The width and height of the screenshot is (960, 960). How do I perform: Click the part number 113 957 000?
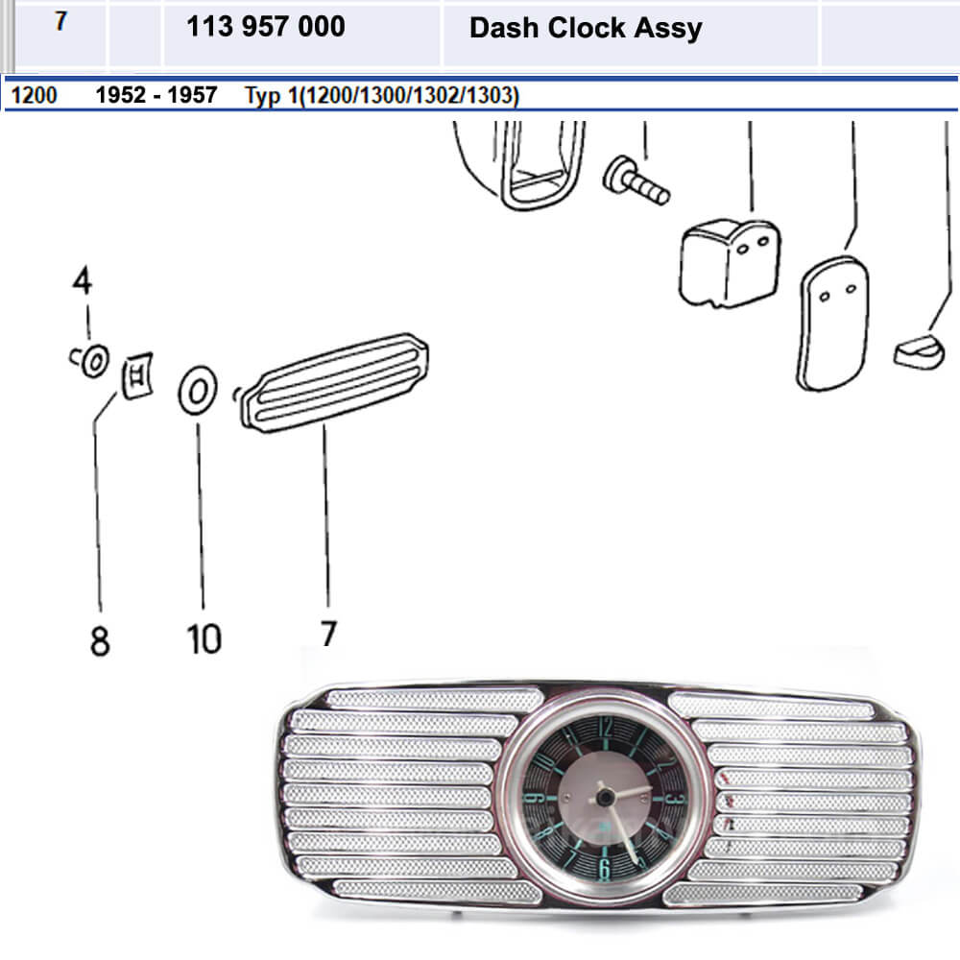266,27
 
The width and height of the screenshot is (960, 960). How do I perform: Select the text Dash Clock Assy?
586,28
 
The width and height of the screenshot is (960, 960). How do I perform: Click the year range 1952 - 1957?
156,97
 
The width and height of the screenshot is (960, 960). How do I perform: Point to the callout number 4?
83,282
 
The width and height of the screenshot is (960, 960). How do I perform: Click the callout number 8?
100,640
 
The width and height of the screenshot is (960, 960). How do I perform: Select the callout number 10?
204,638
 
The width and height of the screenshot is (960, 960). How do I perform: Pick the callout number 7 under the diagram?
328,635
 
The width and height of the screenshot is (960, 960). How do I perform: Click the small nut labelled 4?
93,361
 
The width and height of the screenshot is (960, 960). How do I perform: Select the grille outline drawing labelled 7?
332,382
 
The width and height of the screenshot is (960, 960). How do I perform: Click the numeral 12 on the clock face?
605,728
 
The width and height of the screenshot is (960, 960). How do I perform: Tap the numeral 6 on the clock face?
604,870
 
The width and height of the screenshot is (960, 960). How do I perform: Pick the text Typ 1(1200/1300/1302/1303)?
382,97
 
